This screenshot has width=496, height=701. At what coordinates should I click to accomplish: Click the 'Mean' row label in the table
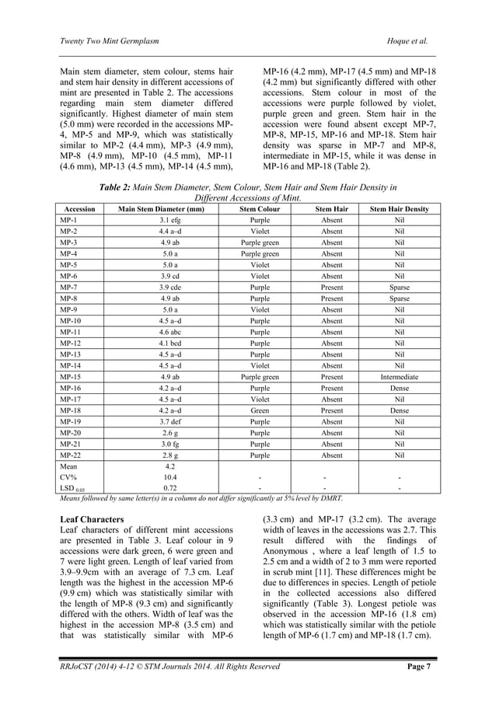tap(68, 466)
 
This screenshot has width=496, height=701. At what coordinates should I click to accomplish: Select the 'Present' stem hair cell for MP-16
tap(332, 387)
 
